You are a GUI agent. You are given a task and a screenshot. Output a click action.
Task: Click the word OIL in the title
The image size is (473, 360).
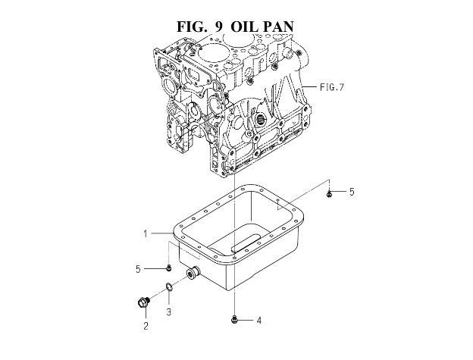245,27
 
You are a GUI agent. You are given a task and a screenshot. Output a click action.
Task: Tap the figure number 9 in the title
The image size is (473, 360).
219,27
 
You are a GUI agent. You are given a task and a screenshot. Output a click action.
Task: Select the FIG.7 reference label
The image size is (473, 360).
332,87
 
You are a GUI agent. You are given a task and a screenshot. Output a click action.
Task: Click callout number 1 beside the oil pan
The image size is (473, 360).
146,233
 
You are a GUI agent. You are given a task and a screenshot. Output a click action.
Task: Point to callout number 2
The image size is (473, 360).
146,326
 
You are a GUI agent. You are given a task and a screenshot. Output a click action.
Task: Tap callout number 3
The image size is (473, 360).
169,311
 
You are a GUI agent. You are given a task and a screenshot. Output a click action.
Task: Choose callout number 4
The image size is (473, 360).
258,321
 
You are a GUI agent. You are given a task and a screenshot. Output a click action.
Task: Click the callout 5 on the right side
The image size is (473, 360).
352,192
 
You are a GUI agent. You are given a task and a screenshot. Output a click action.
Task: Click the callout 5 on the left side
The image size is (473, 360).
138,269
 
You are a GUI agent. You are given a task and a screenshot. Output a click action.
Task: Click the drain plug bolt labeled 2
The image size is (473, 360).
143,302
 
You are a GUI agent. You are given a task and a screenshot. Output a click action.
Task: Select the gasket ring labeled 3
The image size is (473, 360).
170,287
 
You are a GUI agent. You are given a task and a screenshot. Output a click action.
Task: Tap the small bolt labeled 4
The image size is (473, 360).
233,319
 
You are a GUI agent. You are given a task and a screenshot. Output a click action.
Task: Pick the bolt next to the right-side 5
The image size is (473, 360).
329,194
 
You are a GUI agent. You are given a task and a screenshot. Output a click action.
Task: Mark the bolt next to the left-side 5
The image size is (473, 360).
169,267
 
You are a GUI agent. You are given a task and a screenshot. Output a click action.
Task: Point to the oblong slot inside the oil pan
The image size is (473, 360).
246,242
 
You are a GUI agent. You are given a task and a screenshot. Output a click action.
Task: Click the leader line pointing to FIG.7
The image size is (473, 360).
309,87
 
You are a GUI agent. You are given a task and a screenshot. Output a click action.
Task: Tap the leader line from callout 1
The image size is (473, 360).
162,233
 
